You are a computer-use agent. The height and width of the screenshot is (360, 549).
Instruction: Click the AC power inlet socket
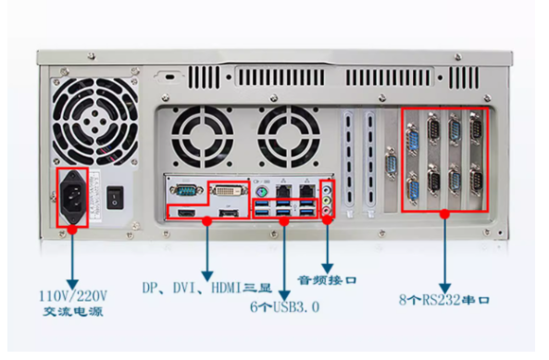(73, 196)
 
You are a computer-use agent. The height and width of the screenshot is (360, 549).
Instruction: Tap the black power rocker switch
(114, 197)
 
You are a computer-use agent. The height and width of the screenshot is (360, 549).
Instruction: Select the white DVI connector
(227, 192)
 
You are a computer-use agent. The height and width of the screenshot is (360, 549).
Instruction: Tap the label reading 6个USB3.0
(284, 305)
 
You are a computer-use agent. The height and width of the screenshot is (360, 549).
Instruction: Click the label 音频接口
(327, 279)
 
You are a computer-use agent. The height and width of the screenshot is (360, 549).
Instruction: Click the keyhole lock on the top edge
(169, 73)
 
